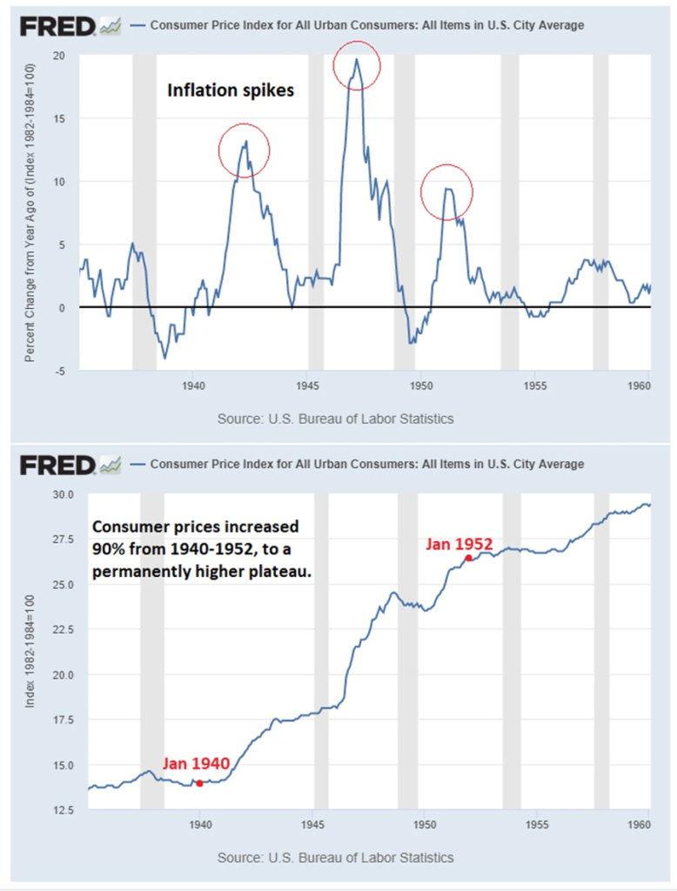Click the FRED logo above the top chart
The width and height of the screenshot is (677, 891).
[57, 26]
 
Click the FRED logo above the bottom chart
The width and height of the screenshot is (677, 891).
[57, 465]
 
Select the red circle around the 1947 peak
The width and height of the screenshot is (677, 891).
[357, 64]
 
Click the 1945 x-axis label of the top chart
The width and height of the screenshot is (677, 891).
[306, 384]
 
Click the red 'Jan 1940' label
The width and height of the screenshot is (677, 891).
[196, 764]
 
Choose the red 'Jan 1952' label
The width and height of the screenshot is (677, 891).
[459, 545]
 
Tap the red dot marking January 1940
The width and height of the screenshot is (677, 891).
[199, 783]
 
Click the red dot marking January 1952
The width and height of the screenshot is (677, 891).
[468, 558]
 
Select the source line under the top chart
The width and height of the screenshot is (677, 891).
[335, 419]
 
